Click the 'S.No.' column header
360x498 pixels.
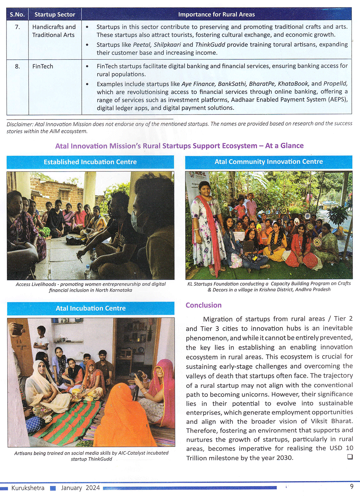17,14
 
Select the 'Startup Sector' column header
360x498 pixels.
55,14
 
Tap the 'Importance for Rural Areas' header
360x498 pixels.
216,14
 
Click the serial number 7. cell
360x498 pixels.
17,27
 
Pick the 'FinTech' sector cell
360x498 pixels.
42,67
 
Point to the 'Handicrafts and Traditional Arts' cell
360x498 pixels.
54,31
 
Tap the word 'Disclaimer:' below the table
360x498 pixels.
20,124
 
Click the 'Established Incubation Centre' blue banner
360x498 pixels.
90,162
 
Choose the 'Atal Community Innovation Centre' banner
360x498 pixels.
269,162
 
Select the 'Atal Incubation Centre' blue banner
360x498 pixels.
90,308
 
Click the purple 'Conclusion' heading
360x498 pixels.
203,305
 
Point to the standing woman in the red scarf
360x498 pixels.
207,219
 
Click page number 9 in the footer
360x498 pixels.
351,486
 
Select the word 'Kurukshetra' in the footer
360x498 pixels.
28,488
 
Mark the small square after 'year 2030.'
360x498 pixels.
350,457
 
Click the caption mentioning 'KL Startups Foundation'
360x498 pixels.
269,286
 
